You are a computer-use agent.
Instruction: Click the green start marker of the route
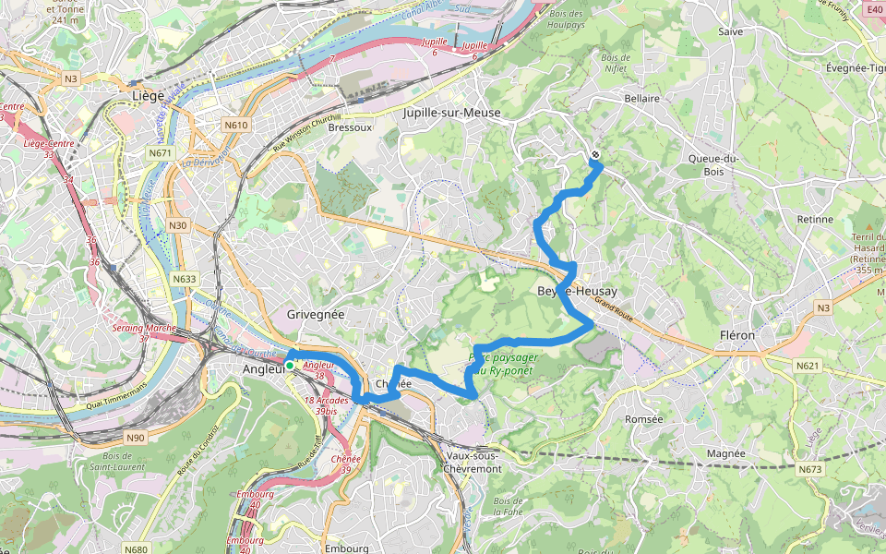pyautogui.click(x=289, y=366)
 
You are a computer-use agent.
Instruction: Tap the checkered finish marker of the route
pyautogui.click(x=595, y=155)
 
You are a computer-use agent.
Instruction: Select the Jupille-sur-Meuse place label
pyautogui.click(x=451, y=113)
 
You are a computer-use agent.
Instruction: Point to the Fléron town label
pyautogui.click(x=736, y=335)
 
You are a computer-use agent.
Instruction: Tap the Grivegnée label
pyautogui.click(x=315, y=314)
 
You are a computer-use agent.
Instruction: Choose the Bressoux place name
pyautogui.click(x=350, y=127)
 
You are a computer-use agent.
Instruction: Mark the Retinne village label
pyautogui.click(x=813, y=220)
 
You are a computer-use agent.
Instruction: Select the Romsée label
pyautogui.click(x=644, y=419)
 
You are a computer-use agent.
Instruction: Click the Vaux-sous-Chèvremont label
pyautogui.click(x=473, y=462)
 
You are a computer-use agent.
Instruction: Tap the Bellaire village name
pyautogui.click(x=641, y=98)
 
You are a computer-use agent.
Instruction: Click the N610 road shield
pyautogui.click(x=235, y=125)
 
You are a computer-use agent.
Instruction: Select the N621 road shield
pyautogui.click(x=808, y=367)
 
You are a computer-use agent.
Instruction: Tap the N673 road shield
pyautogui.click(x=809, y=470)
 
